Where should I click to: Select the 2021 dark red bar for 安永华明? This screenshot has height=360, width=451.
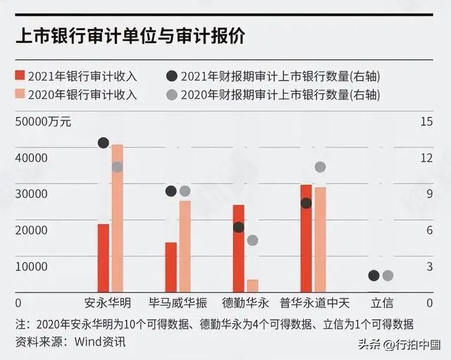[103, 257]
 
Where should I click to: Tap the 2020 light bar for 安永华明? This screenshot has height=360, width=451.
[117, 218]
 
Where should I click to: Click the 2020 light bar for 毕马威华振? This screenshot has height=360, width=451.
[185, 246]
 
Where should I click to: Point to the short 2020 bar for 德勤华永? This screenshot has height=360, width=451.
[252, 285]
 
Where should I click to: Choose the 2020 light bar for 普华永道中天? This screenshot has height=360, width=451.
[320, 239]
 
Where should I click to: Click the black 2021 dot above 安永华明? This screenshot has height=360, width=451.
[103, 143]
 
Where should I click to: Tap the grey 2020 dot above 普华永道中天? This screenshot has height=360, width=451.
[320, 167]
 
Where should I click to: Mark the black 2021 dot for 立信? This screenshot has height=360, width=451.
[373, 275]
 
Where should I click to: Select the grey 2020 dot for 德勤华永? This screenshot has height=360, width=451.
[252, 240]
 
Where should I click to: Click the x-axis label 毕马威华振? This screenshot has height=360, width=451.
[178, 304]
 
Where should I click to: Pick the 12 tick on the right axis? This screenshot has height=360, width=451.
[426, 158]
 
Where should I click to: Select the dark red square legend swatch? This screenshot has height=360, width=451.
[20, 76]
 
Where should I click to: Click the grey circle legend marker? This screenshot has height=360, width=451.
[171, 94]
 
